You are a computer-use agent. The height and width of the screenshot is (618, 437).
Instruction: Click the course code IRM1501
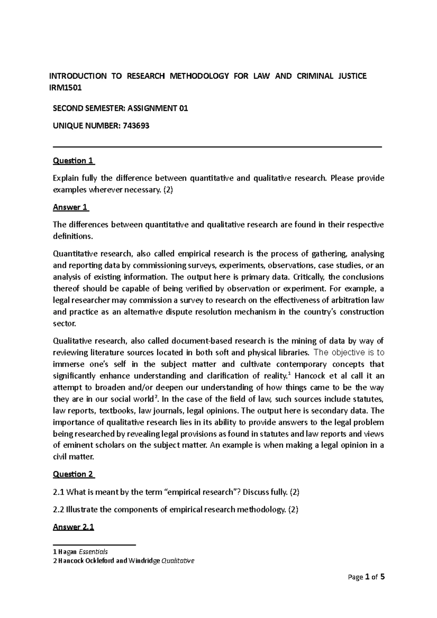coord(66,88)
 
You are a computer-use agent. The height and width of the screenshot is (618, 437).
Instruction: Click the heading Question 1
coord(74,161)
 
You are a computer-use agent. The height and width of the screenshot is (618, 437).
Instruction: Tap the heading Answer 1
coord(71,207)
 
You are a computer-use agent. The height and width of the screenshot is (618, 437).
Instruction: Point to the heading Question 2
coord(74,474)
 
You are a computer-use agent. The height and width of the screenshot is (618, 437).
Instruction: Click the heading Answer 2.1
coord(73,527)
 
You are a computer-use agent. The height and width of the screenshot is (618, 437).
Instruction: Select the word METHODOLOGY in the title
coord(199,76)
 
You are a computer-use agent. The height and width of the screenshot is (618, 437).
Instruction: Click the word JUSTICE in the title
coord(352,76)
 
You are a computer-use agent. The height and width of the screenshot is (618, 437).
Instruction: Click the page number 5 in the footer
coord(382,577)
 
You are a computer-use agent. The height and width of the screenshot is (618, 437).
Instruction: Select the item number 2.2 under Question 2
coord(59,510)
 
